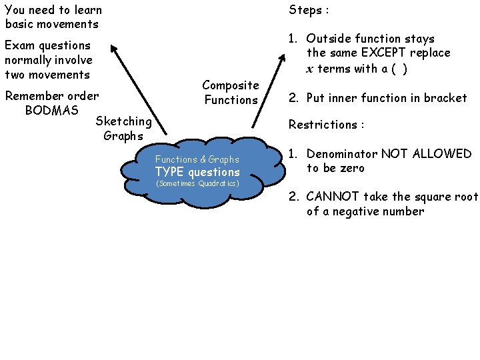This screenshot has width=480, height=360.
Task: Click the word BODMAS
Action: pyautogui.click(x=51, y=110)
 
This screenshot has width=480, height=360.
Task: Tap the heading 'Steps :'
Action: pyautogui.click(x=309, y=10)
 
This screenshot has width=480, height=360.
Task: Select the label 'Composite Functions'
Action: pyautogui.click(x=231, y=93)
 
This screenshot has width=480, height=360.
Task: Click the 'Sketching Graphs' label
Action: pyautogui.click(x=123, y=128)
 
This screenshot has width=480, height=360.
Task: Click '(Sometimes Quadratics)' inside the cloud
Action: pyautogui.click(x=197, y=183)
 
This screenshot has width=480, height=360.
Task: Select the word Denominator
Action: pyautogui.click(x=342, y=154)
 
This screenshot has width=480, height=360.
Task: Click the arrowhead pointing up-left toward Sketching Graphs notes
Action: pyautogui.click(x=113, y=48)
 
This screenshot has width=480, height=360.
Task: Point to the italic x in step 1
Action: pyautogui.click(x=310, y=69)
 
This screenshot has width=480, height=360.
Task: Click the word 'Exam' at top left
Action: pyautogui.click(x=20, y=45)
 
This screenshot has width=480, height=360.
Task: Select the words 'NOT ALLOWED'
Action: pyautogui.click(x=426, y=154)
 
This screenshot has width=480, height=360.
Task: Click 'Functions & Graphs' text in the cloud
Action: pyautogui.click(x=197, y=159)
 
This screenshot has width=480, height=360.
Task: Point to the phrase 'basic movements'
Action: pyautogui.click(x=51, y=25)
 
